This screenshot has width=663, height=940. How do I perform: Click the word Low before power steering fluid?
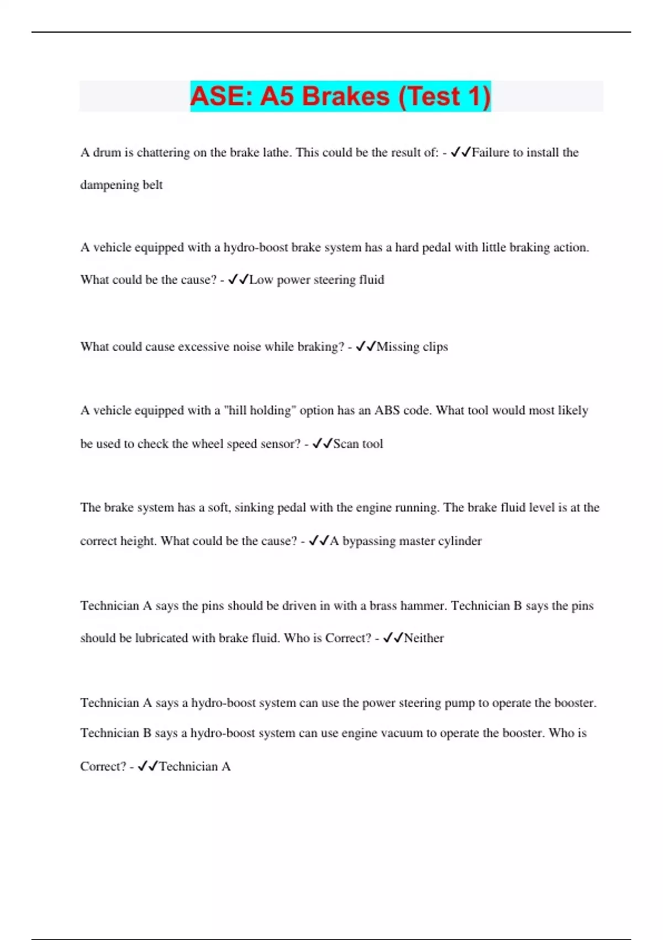(261, 280)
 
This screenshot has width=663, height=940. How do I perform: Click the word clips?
(435, 347)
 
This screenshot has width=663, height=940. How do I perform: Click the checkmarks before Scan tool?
(322, 443)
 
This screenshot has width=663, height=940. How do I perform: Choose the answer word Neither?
(424, 638)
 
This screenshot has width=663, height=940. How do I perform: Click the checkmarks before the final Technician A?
(148, 766)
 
